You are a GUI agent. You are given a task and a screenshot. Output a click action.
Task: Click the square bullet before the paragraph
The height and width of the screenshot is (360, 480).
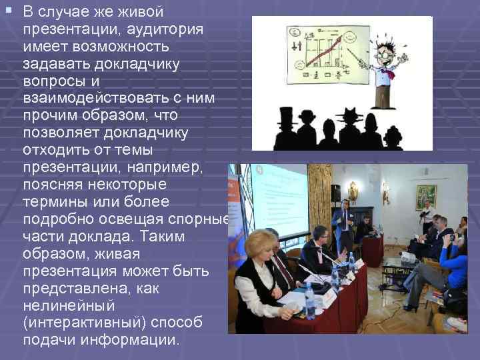[7, 12]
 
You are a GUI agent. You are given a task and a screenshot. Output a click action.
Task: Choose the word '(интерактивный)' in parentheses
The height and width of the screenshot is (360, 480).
[81, 323]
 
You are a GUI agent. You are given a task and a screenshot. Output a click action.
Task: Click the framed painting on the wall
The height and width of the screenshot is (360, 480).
[426, 196]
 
